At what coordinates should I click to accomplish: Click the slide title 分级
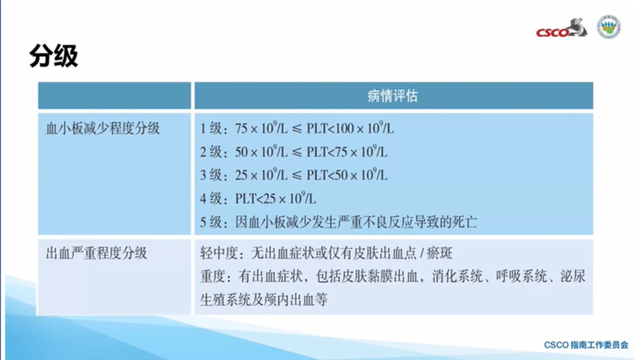coord(54,56)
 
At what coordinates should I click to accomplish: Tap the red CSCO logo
coord(561,28)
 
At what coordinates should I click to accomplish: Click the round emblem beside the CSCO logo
coord(609,27)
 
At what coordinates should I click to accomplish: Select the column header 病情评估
coord(393,96)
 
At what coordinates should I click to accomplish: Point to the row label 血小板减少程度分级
coord(103,129)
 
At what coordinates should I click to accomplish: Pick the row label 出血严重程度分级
coord(96,253)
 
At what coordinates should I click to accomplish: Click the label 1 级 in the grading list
coord(211,129)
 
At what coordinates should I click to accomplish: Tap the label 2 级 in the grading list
coord(211,152)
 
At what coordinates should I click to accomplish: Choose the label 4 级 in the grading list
coord(211,199)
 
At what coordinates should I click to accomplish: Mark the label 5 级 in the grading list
coord(211,222)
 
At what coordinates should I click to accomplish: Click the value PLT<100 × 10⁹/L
coord(350,128)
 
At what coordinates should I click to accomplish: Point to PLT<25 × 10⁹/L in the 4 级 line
coord(276,198)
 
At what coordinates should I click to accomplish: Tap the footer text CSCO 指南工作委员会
coord(586,345)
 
